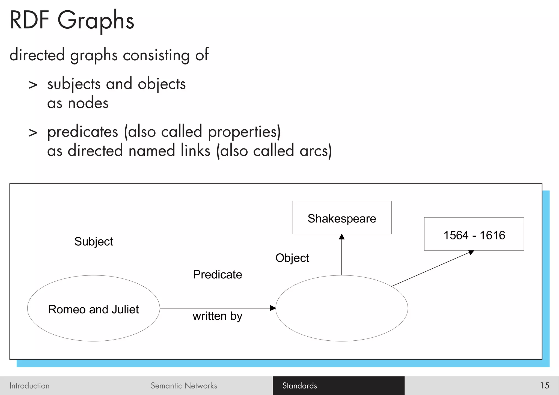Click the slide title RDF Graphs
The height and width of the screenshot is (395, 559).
[x=72, y=20]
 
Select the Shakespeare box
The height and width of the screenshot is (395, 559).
[x=341, y=218]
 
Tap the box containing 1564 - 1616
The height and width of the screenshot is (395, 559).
[x=474, y=234]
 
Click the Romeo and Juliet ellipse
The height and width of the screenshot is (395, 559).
[x=93, y=308]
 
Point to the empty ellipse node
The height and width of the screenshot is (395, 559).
[x=341, y=308]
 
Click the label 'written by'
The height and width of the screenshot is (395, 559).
[x=217, y=316]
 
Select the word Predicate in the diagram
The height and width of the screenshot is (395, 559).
[x=217, y=275]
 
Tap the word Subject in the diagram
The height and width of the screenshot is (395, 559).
[x=93, y=242]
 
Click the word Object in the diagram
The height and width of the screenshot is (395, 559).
[x=292, y=258]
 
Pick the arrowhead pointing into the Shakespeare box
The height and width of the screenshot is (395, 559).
[x=341, y=237]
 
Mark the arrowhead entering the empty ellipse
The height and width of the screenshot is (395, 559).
[x=272, y=308]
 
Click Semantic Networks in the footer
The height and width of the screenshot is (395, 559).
[x=184, y=385]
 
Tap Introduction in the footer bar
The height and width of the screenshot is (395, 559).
[x=29, y=385]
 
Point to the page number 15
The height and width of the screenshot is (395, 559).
[x=544, y=385]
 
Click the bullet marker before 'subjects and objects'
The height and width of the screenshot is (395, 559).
[x=33, y=85]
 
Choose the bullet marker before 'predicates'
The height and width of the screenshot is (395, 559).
[x=33, y=133]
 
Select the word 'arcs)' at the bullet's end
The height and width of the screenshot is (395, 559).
[x=316, y=151]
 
